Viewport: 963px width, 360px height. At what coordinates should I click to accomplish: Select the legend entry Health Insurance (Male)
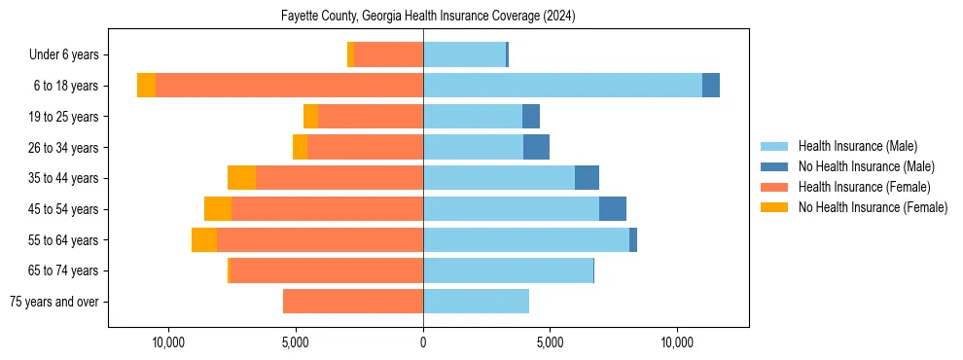pos(857,146)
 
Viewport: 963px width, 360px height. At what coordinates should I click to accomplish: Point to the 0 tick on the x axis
pos(423,342)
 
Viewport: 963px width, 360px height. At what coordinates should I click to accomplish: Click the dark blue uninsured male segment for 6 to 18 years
pos(711,86)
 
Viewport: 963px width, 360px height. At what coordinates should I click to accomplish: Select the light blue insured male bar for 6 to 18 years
pos(562,86)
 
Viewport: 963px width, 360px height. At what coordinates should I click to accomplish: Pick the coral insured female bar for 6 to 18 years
pos(289,86)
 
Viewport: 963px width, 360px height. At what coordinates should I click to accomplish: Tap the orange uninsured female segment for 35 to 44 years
pos(241,178)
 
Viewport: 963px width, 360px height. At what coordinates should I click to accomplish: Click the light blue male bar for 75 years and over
pos(476,302)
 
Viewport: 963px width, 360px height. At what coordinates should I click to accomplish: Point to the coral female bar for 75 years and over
pos(353,302)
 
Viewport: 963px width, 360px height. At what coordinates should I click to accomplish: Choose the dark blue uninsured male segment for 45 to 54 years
pos(613,209)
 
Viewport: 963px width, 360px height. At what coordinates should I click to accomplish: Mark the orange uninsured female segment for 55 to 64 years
pos(204,240)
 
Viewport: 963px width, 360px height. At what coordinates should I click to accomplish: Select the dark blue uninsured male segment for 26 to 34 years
pos(536,148)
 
